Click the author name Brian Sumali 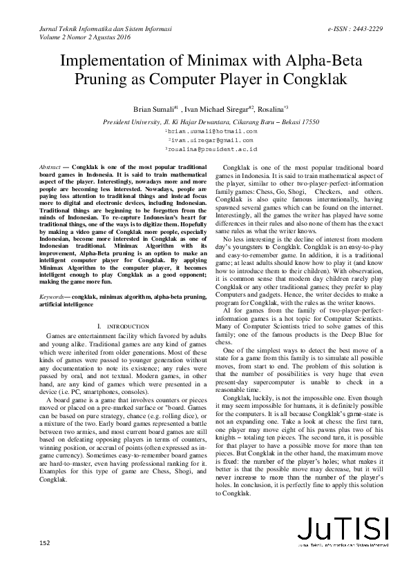pyautogui.click(x=154, y=110)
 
